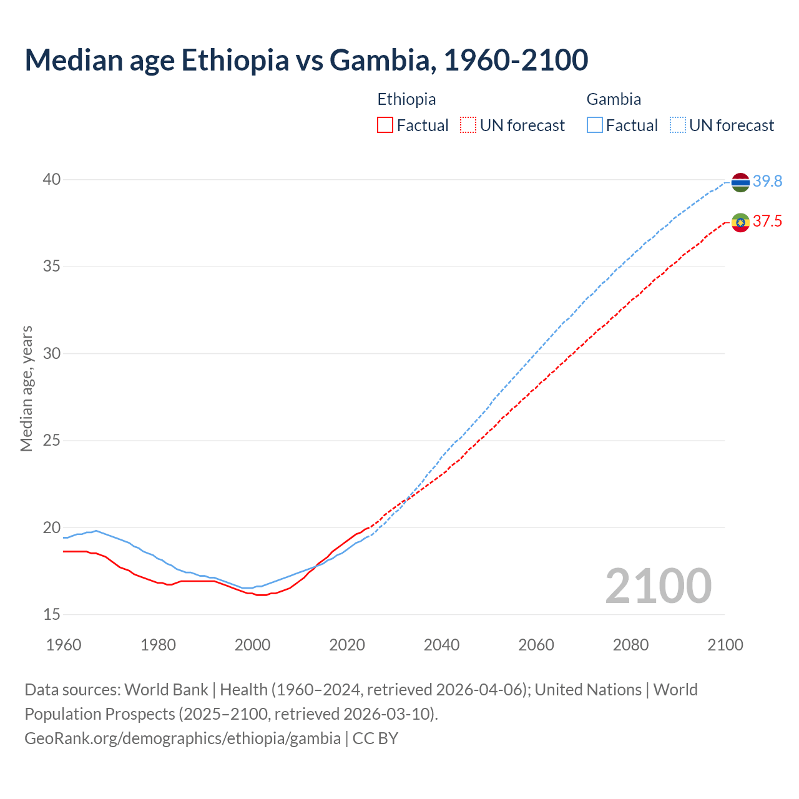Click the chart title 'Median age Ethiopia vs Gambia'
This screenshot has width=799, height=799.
(x=306, y=60)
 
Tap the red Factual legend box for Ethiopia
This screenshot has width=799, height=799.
(x=385, y=125)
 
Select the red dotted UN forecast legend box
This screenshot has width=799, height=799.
(x=468, y=125)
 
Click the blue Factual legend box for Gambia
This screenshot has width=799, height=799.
(x=595, y=125)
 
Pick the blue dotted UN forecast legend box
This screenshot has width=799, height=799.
(x=678, y=125)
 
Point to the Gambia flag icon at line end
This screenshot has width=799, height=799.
(x=740, y=182)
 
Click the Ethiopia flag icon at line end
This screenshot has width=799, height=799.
(x=740, y=222)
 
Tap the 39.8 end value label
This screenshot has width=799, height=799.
(x=767, y=181)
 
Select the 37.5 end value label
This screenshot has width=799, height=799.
(x=767, y=221)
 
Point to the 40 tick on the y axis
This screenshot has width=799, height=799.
(x=51, y=180)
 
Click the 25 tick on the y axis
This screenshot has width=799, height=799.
(x=51, y=441)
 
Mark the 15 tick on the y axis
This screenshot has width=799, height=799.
(x=51, y=615)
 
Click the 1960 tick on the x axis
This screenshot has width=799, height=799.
(x=64, y=645)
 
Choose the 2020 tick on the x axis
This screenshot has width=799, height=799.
(x=347, y=645)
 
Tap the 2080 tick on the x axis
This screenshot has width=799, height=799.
(x=630, y=645)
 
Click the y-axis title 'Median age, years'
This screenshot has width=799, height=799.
(x=26, y=388)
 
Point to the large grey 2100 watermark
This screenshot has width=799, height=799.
(x=658, y=586)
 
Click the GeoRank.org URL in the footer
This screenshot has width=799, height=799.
(x=182, y=738)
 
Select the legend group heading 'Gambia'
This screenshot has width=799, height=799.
(x=614, y=99)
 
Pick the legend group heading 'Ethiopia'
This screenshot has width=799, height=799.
(x=406, y=99)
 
